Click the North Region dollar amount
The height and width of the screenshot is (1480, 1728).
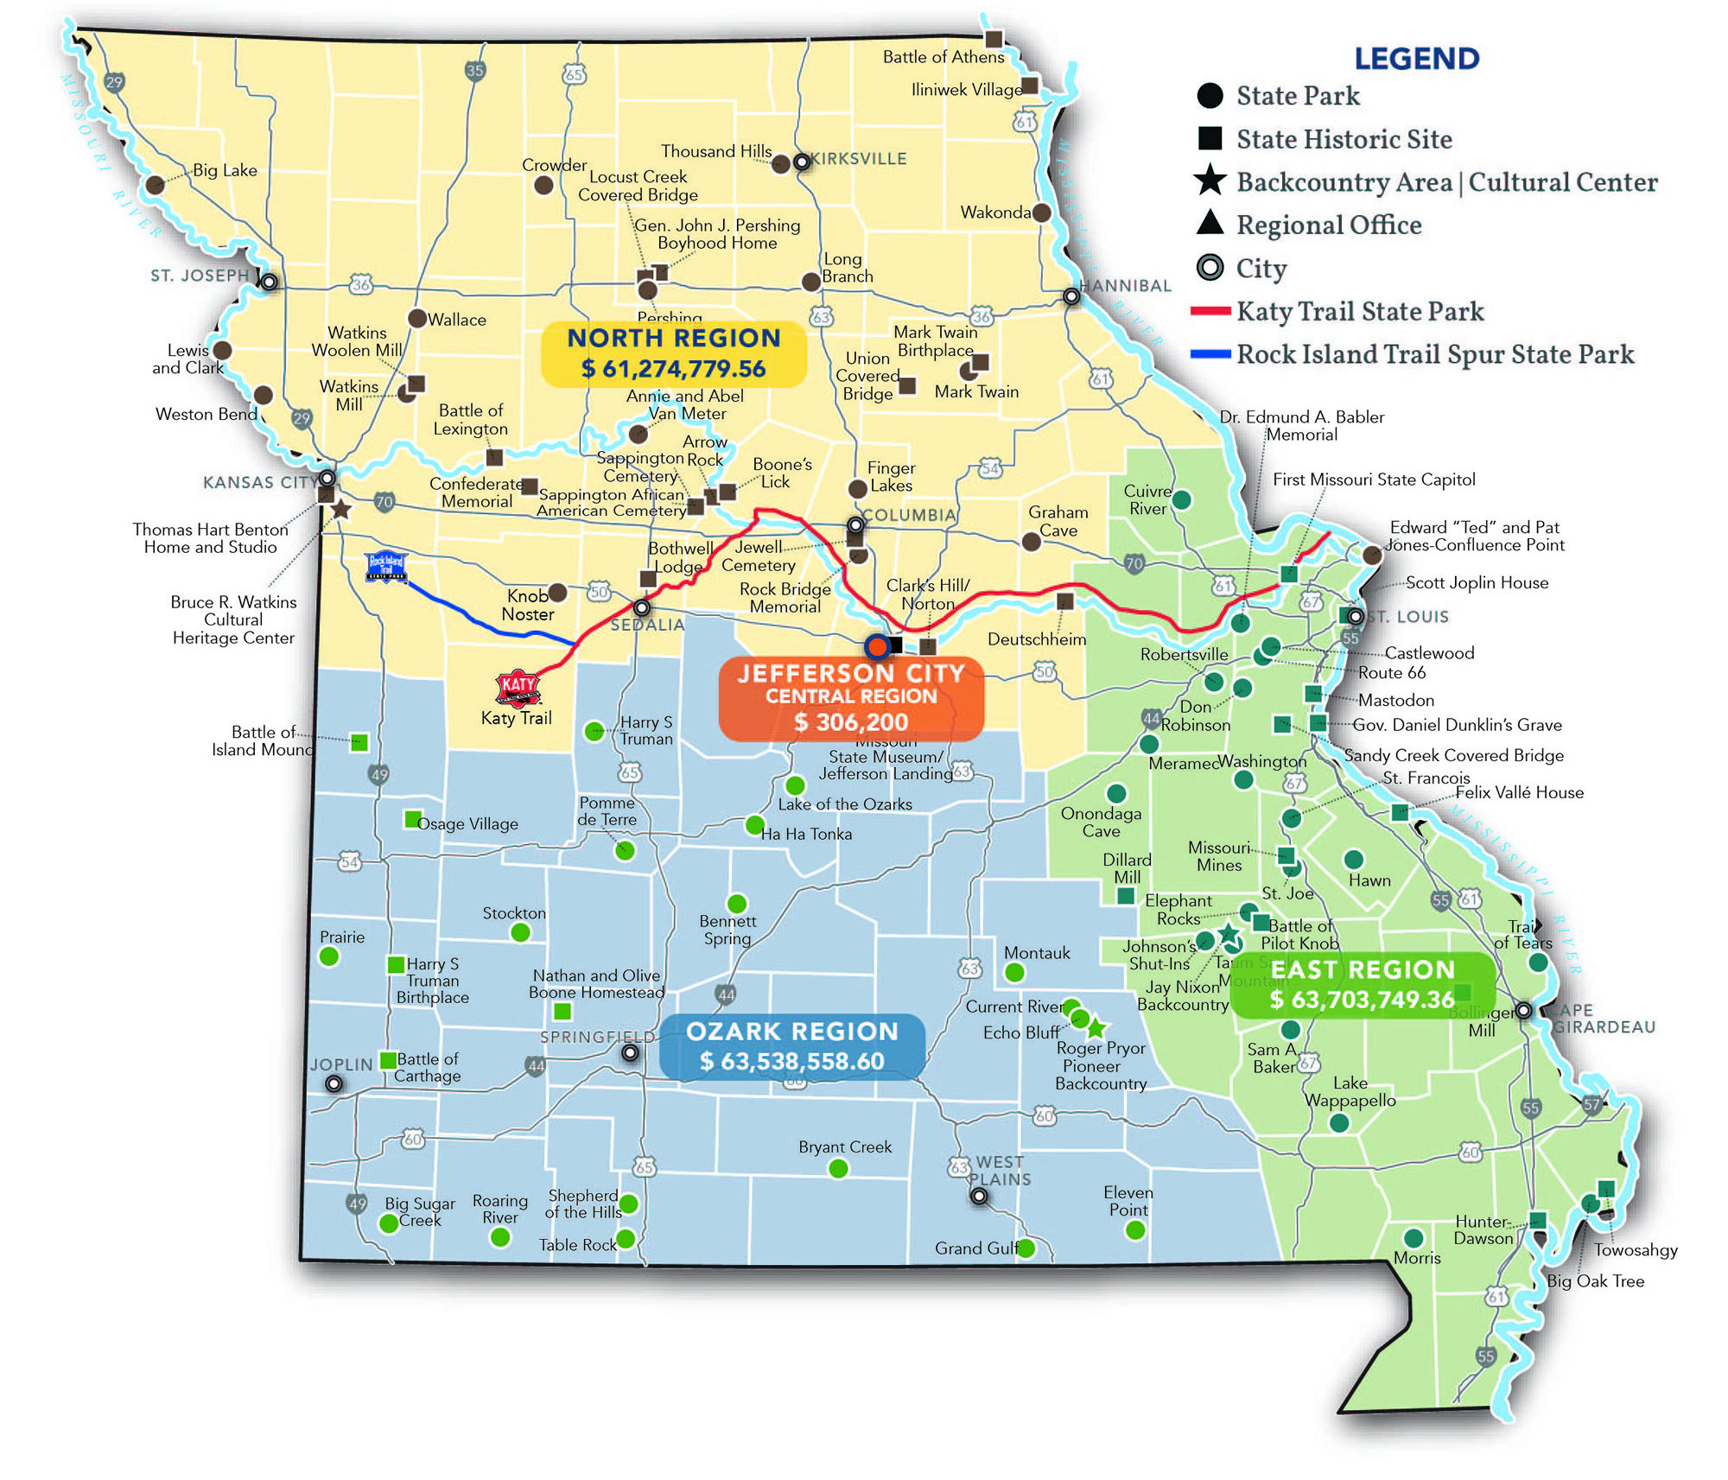(673, 369)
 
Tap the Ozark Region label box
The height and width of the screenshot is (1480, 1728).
(791, 1046)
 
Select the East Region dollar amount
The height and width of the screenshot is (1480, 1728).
(1362, 1000)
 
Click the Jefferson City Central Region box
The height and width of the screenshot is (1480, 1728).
(851, 698)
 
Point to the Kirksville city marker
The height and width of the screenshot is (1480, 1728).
(802, 162)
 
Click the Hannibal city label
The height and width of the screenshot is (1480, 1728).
(1125, 286)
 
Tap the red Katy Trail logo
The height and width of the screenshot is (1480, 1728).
(518, 688)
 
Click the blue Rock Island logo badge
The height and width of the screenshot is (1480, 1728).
(386, 566)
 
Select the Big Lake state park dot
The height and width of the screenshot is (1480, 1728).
(156, 184)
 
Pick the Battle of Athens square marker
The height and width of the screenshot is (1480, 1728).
(994, 39)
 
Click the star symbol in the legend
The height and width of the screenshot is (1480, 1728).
(1210, 181)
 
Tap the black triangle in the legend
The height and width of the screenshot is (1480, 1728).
(1210, 223)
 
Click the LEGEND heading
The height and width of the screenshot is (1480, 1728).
(1417, 59)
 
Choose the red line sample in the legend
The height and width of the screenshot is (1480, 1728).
(1210, 311)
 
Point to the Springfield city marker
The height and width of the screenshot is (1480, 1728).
(631, 1052)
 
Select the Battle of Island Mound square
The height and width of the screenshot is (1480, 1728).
(359, 742)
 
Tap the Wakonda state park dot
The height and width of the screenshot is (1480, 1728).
(1042, 213)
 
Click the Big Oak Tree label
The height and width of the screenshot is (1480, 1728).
(1595, 1281)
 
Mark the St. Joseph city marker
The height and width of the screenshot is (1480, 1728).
(270, 282)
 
